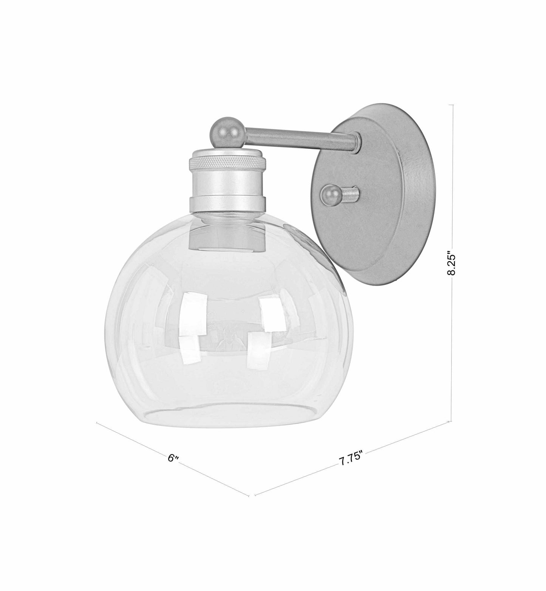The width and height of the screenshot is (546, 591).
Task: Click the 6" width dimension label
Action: [x=173, y=458]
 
